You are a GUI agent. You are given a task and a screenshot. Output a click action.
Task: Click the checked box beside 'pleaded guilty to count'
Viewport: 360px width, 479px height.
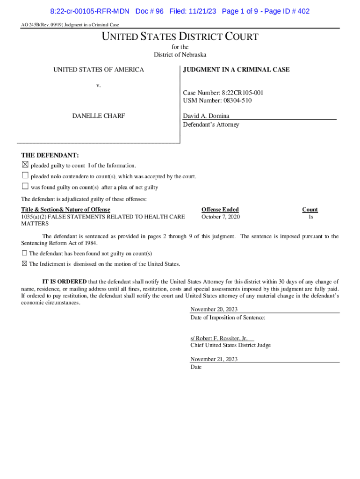25,165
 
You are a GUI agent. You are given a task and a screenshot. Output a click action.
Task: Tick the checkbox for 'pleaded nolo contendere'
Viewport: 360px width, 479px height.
25,176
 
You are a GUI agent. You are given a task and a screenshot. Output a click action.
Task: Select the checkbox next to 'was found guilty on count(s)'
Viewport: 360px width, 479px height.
25,187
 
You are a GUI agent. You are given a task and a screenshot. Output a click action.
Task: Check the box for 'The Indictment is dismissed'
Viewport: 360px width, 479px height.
24,264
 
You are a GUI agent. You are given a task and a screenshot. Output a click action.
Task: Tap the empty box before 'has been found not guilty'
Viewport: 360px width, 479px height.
24,253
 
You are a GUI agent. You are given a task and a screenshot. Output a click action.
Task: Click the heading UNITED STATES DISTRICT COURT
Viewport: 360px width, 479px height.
180,36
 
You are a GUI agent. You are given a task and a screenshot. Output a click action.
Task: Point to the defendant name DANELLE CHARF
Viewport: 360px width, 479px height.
98,116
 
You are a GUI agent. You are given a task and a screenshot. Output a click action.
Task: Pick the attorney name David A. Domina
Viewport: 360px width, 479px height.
206,116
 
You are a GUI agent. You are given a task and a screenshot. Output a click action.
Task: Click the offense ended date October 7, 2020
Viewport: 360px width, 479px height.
221,217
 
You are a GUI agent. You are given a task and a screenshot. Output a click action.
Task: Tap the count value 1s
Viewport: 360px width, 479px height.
310,217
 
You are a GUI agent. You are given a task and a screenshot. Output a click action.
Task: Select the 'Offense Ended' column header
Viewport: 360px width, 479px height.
220,210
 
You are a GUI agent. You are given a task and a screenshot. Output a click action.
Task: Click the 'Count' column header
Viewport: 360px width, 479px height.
310,210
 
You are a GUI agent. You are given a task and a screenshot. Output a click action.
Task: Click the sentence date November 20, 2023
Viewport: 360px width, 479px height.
214,309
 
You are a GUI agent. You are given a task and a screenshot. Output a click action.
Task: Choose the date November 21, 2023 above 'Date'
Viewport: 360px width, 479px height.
214,359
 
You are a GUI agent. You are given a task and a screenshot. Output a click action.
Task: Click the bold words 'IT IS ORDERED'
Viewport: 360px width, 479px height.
65,282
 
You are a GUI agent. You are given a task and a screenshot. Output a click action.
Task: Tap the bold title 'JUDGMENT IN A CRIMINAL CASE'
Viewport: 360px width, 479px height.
236,70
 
